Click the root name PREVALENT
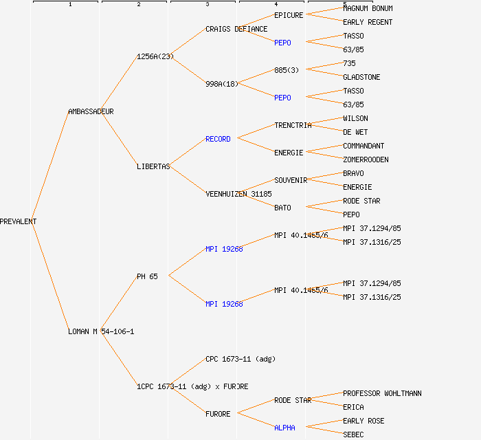click(x=19, y=221)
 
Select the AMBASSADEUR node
click(x=91, y=111)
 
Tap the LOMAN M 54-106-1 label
click(x=101, y=331)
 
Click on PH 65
click(x=147, y=276)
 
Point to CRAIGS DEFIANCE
click(x=236, y=29)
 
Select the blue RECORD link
click(x=218, y=139)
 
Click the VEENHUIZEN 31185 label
click(x=238, y=194)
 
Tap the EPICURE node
click(x=289, y=15)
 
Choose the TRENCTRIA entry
click(x=293, y=125)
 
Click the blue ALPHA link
click(x=284, y=428)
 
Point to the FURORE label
click(x=218, y=414)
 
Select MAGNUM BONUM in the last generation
click(x=368, y=8)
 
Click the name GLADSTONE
click(x=361, y=77)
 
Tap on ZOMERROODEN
click(x=366, y=159)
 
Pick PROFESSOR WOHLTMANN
click(x=382, y=393)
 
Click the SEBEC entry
click(x=353, y=434)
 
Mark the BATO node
click(x=282, y=208)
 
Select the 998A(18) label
click(x=221, y=84)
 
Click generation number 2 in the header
click(x=139, y=5)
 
